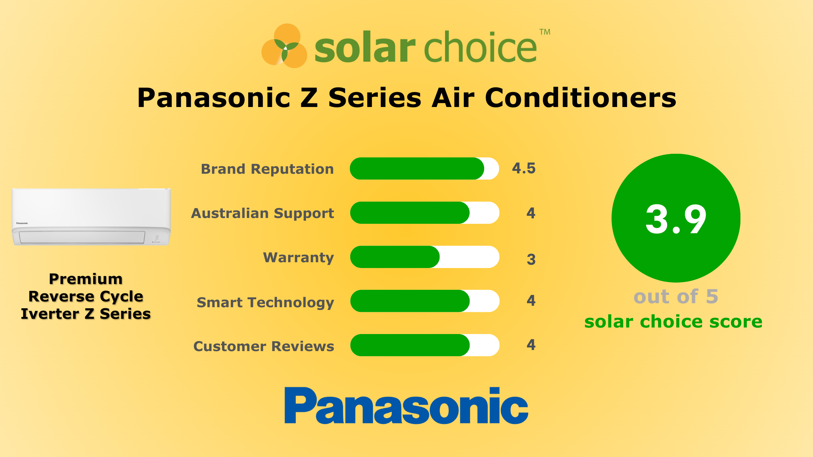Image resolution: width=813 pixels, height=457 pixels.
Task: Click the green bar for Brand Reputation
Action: tap(417, 169)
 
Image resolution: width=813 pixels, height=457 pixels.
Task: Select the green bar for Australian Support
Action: tap(409, 213)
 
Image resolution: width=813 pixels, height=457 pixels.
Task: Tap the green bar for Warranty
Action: tap(395, 257)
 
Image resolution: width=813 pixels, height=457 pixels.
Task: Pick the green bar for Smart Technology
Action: tap(409, 301)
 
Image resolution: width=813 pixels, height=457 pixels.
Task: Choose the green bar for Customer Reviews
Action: tap(409, 345)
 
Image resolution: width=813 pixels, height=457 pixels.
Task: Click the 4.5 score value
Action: tap(523, 169)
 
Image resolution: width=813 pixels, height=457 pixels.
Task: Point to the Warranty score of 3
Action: tap(531, 259)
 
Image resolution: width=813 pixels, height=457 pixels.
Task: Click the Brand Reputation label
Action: tap(267, 169)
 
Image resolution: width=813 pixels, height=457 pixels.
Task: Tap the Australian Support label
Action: tap(262, 213)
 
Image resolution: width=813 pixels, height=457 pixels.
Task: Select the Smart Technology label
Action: tap(265, 302)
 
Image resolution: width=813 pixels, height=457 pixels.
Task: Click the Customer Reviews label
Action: tap(264, 346)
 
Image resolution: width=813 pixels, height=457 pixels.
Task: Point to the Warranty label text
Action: tap(298, 258)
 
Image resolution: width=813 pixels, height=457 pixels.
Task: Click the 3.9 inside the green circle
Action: tap(676, 219)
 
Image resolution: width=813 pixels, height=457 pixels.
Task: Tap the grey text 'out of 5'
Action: tap(676, 297)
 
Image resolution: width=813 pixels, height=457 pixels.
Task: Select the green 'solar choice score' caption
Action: tap(673, 322)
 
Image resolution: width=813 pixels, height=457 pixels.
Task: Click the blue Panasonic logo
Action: tap(406, 405)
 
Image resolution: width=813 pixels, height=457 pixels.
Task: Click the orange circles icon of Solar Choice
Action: tap(285, 46)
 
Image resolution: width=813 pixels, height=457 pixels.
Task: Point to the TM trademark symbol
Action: tap(545, 32)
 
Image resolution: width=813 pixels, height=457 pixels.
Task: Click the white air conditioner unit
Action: tap(91, 217)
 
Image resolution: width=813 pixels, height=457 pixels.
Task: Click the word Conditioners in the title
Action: tap(580, 98)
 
